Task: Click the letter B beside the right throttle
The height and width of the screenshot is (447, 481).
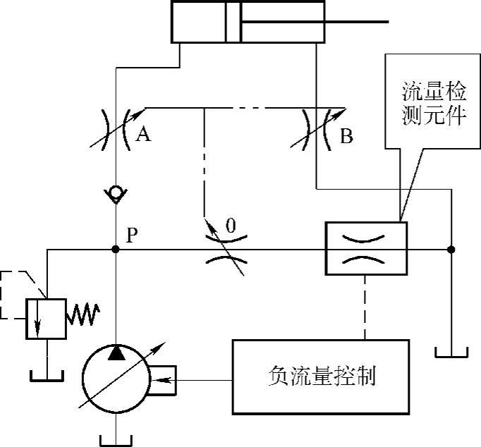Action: [346, 135]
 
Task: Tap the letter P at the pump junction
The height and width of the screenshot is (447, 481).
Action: [132, 235]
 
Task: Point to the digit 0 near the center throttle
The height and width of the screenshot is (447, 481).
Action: [230, 227]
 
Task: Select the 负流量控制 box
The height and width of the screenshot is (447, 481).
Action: [321, 376]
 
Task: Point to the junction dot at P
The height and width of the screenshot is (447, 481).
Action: [116, 249]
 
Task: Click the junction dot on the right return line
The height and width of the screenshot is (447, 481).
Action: [451, 249]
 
